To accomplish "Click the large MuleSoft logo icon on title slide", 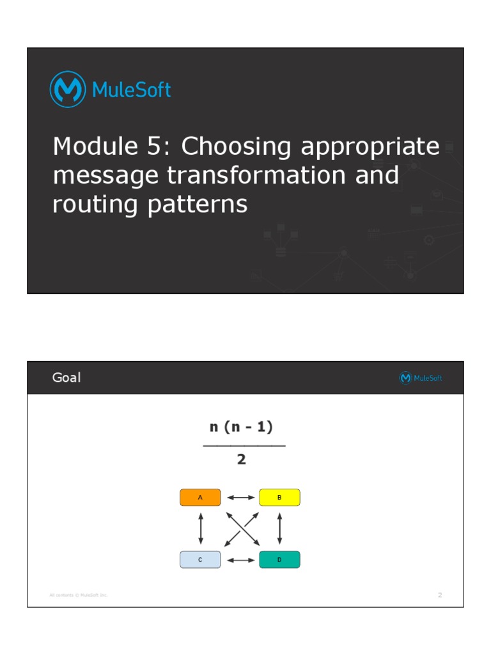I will click(x=68, y=90).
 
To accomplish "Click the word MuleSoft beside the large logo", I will click(x=132, y=90).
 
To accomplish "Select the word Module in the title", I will click(x=91, y=146).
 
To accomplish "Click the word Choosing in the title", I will click(x=237, y=147).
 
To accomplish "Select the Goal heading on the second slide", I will click(x=66, y=378).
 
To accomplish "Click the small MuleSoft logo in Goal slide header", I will click(x=420, y=378).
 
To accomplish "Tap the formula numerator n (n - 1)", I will click(x=242, y=427).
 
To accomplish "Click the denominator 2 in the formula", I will click(x=242, y=459).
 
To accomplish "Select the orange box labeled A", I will click(x=200, y=497).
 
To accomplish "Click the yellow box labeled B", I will click(x=279, y=497).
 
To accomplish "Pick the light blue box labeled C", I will click(x=200, y=560).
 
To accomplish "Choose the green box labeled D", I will click(x=279, y=560).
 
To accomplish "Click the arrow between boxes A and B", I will click(x=240, y=497).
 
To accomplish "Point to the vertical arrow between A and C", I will click(x=201, y=528).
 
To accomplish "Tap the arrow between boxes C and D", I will click(x=240, y=560).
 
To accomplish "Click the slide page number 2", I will click(x=440, y=596).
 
